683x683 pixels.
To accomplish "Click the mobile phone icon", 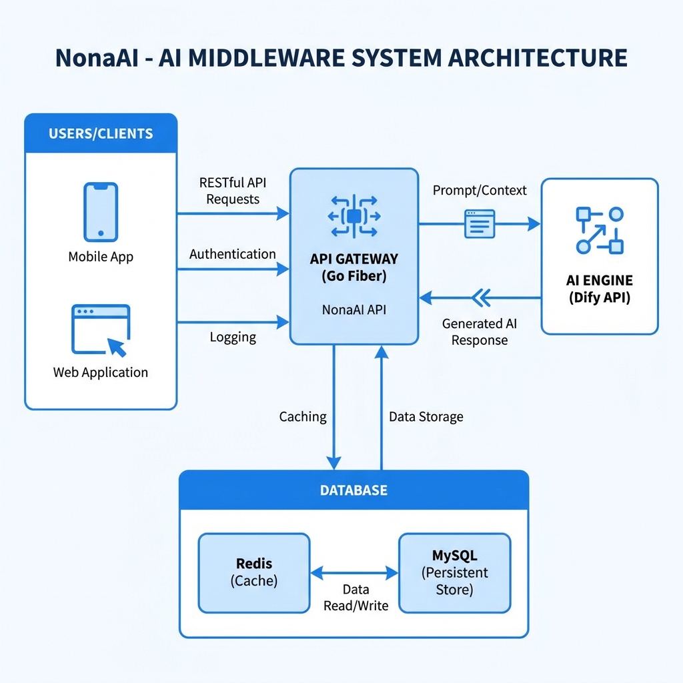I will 101,212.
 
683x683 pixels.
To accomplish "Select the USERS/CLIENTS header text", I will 101,133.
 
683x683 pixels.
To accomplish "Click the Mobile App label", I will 101,257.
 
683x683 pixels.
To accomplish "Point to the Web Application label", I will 101,372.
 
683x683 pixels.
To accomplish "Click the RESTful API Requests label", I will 233,190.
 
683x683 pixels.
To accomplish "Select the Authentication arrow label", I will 232,254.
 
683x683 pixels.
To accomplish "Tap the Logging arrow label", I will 233,337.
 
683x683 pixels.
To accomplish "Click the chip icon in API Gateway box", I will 354,215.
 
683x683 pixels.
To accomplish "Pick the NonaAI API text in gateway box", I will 354,309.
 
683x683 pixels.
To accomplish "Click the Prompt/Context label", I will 480,190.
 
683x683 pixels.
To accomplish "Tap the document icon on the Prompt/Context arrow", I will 480,224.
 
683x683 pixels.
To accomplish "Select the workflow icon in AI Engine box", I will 599,230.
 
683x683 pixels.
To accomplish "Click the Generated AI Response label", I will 480,331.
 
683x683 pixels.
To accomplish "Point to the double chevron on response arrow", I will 480,297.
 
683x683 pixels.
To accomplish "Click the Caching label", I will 303,417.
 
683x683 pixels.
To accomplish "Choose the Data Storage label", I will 426,417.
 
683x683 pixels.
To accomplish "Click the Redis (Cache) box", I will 254,573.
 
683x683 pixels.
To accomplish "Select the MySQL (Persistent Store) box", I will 454,573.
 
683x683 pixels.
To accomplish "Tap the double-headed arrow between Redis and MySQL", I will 355,572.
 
